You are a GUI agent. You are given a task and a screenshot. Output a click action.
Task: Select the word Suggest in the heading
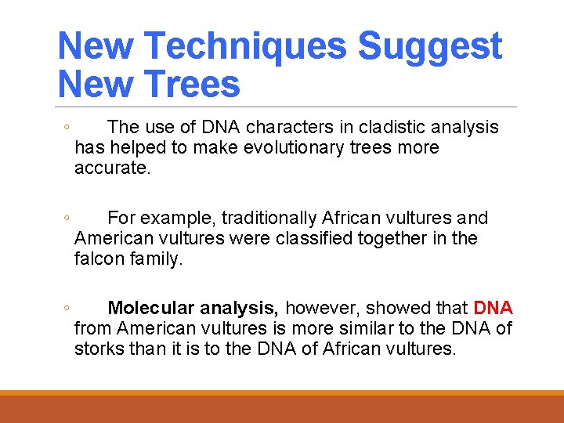[429, 46]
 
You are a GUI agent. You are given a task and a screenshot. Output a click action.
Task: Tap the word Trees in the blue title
[193, 84]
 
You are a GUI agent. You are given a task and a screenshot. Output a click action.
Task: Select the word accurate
[111, 168]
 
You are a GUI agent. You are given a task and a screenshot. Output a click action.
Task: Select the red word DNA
[493, 307]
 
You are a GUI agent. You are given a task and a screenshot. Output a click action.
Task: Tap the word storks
[98, 348]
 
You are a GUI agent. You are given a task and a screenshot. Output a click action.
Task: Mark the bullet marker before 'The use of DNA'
[67, 128]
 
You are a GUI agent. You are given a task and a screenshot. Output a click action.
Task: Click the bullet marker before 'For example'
[67, 219]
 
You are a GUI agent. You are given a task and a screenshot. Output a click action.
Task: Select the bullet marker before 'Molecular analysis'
[67, 308]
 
